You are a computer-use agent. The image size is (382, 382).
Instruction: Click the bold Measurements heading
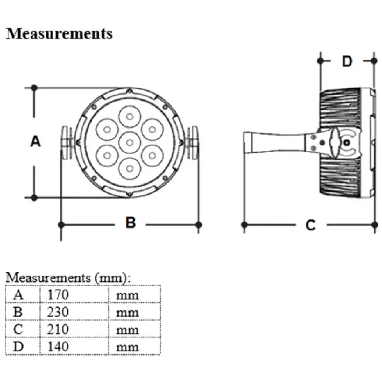point(59,33)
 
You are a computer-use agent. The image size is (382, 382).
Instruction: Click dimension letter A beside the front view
point(36,141)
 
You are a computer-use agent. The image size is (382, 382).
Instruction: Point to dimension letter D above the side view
point(347,61)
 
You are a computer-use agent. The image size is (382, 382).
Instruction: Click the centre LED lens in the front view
point(129,142)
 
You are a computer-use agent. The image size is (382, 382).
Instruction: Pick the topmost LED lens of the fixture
point(129,116)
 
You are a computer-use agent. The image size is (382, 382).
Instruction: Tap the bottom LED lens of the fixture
point(129,167)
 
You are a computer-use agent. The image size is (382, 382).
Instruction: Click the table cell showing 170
point(58,295)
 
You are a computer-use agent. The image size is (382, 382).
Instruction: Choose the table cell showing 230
point(58,312)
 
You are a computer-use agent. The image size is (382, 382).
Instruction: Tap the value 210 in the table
point(58,329)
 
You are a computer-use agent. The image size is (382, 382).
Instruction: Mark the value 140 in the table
point(58,346)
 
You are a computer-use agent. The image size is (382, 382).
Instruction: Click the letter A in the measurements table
point(18,295)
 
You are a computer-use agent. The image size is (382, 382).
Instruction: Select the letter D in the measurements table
point(18,346)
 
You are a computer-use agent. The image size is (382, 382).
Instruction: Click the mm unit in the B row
point(127,312)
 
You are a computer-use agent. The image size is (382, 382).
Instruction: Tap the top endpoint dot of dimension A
point(34,88)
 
